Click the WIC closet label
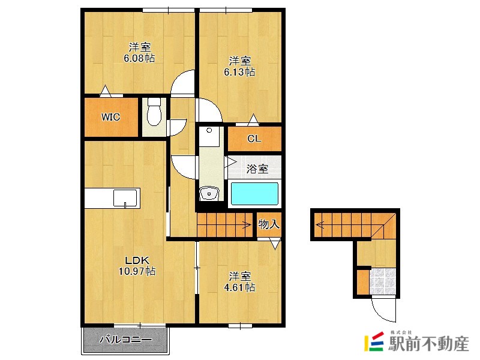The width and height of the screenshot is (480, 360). pos(110,117)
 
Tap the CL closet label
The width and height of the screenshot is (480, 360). pos(254,139)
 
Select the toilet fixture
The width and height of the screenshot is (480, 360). pos(154,112)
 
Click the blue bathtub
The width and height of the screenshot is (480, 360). pos(254,194)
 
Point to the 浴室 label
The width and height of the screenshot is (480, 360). pos(257,169)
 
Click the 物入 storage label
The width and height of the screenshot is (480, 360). pos(269,224)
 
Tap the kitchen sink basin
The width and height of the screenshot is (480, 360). pos(125,199)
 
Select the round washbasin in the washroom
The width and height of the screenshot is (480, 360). pos(209,193)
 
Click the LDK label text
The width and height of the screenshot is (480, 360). pos(137,260)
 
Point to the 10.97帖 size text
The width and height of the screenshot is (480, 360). pos(137,271)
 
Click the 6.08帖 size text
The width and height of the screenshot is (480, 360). pos(139,58)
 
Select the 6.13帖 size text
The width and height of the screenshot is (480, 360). pos(239,72)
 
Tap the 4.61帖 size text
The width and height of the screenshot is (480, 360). pos(239,287)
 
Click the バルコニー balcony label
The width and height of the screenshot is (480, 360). pos(125,340)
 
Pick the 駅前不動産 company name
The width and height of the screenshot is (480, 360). pos(428,343)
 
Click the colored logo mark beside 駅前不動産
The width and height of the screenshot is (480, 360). pos(374,341)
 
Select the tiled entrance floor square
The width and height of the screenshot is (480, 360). pos(383,281)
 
